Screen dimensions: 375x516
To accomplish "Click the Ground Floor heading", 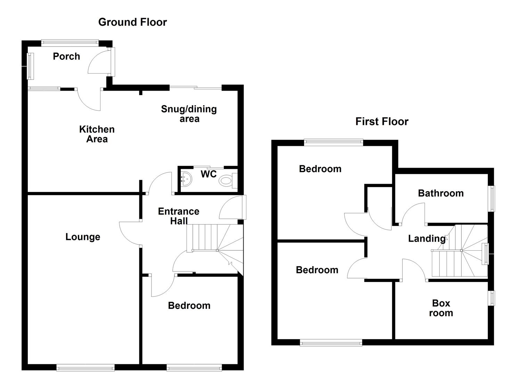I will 132,22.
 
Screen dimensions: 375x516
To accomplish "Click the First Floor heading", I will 382,121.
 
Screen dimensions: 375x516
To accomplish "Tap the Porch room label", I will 66,56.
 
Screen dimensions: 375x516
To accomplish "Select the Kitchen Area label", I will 97,134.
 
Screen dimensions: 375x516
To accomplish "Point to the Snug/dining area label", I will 189,114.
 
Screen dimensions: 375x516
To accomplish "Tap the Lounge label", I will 83,237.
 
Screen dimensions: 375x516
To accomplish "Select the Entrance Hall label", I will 179,216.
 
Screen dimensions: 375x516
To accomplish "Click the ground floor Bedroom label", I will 189,306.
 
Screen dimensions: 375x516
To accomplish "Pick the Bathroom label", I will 441,193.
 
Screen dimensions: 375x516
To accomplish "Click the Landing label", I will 426,239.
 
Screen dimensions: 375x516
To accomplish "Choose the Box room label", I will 441,308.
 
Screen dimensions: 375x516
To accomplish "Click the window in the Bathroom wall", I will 492,199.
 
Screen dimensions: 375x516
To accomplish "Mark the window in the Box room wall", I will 492,298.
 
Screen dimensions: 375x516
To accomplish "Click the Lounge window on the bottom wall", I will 85,367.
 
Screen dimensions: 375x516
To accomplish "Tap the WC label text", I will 208,174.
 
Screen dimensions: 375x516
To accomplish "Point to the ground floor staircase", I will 214,243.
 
